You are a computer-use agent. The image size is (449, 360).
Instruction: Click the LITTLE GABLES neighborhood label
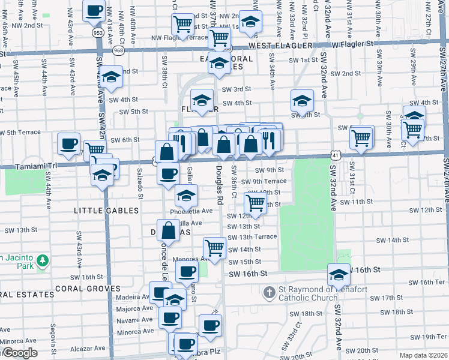(x=106, y=211)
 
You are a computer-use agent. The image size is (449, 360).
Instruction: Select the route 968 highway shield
(x=118, y=50)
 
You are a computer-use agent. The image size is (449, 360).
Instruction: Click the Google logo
(x=19, y=353)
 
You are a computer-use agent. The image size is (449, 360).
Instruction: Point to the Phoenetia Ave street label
(x=191, y=211)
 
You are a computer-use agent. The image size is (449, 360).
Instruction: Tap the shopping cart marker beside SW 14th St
(x=214, y=247)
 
